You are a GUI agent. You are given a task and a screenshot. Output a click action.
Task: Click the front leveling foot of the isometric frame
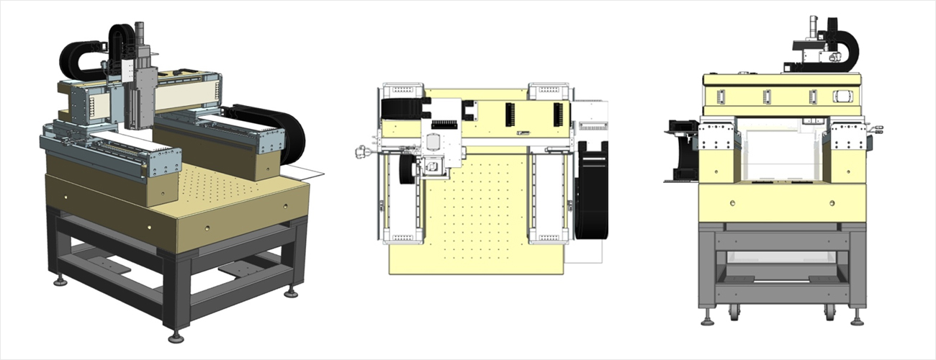(x=176, y=337)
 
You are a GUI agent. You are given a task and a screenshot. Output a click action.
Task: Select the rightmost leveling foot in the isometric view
(x=291, y=292)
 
